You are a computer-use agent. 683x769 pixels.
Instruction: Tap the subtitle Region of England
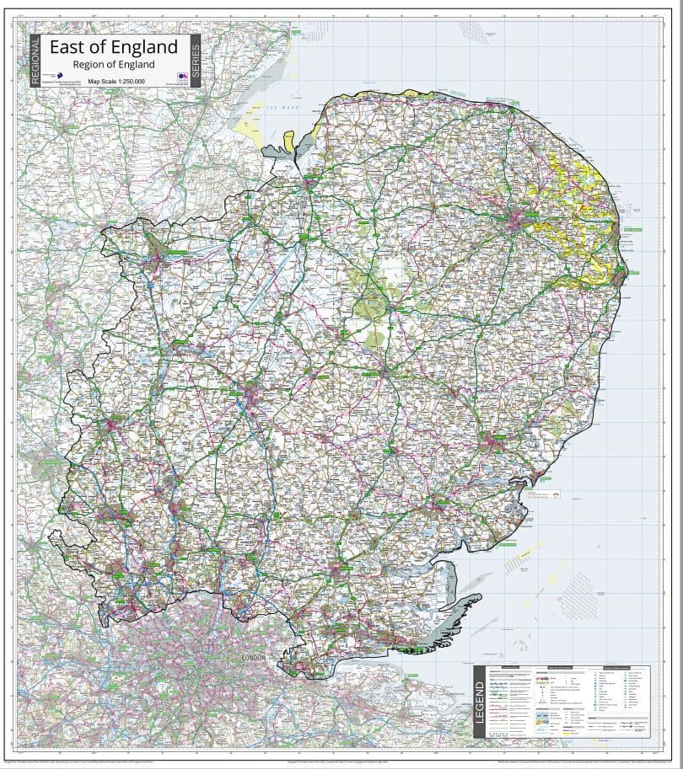pyautogui.click(x=114, y=64)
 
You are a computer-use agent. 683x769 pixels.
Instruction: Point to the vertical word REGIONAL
pyautogui.click(x=35, y=61)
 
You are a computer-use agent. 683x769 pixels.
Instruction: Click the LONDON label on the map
pyautogui.click(x=253, y=657)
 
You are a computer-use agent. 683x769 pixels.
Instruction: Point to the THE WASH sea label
pyautogui.click(x=277, y=108)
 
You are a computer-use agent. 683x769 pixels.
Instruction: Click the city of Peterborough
pyautogui.click(x=158, y=248)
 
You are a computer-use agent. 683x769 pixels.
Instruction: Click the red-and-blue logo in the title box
pyautogui.click(x=171, y=75)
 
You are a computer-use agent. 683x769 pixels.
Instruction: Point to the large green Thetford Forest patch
pyautogui.click(x=371, y=303)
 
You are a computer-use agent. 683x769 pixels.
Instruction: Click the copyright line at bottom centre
pyautogui.click(x=341, y=761)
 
